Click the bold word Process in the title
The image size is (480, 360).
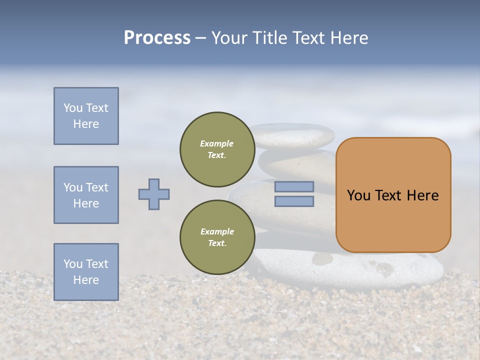[x=157, y=38]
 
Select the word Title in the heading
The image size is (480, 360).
[x=269, y=38]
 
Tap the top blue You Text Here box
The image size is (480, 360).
[x=86, y=116]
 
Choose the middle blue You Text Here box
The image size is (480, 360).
[x=86, y=195]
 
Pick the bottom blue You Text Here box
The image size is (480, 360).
[x=86, y=272]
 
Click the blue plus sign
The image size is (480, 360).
[x=154, y=194]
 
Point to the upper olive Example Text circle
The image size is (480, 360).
[x=217, y=149]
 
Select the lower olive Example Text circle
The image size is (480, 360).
[x=217, y=237]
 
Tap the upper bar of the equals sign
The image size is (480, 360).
[x=294, y=186]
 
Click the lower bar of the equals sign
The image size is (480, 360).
[x=294, y=201]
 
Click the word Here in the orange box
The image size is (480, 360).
[x=422, y=195]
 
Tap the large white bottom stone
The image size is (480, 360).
[x=380, y=270]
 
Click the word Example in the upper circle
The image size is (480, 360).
[x=217, y=143]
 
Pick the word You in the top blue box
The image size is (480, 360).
[x=72, y=108]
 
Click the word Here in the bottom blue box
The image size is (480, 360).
[x=86, y=280]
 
